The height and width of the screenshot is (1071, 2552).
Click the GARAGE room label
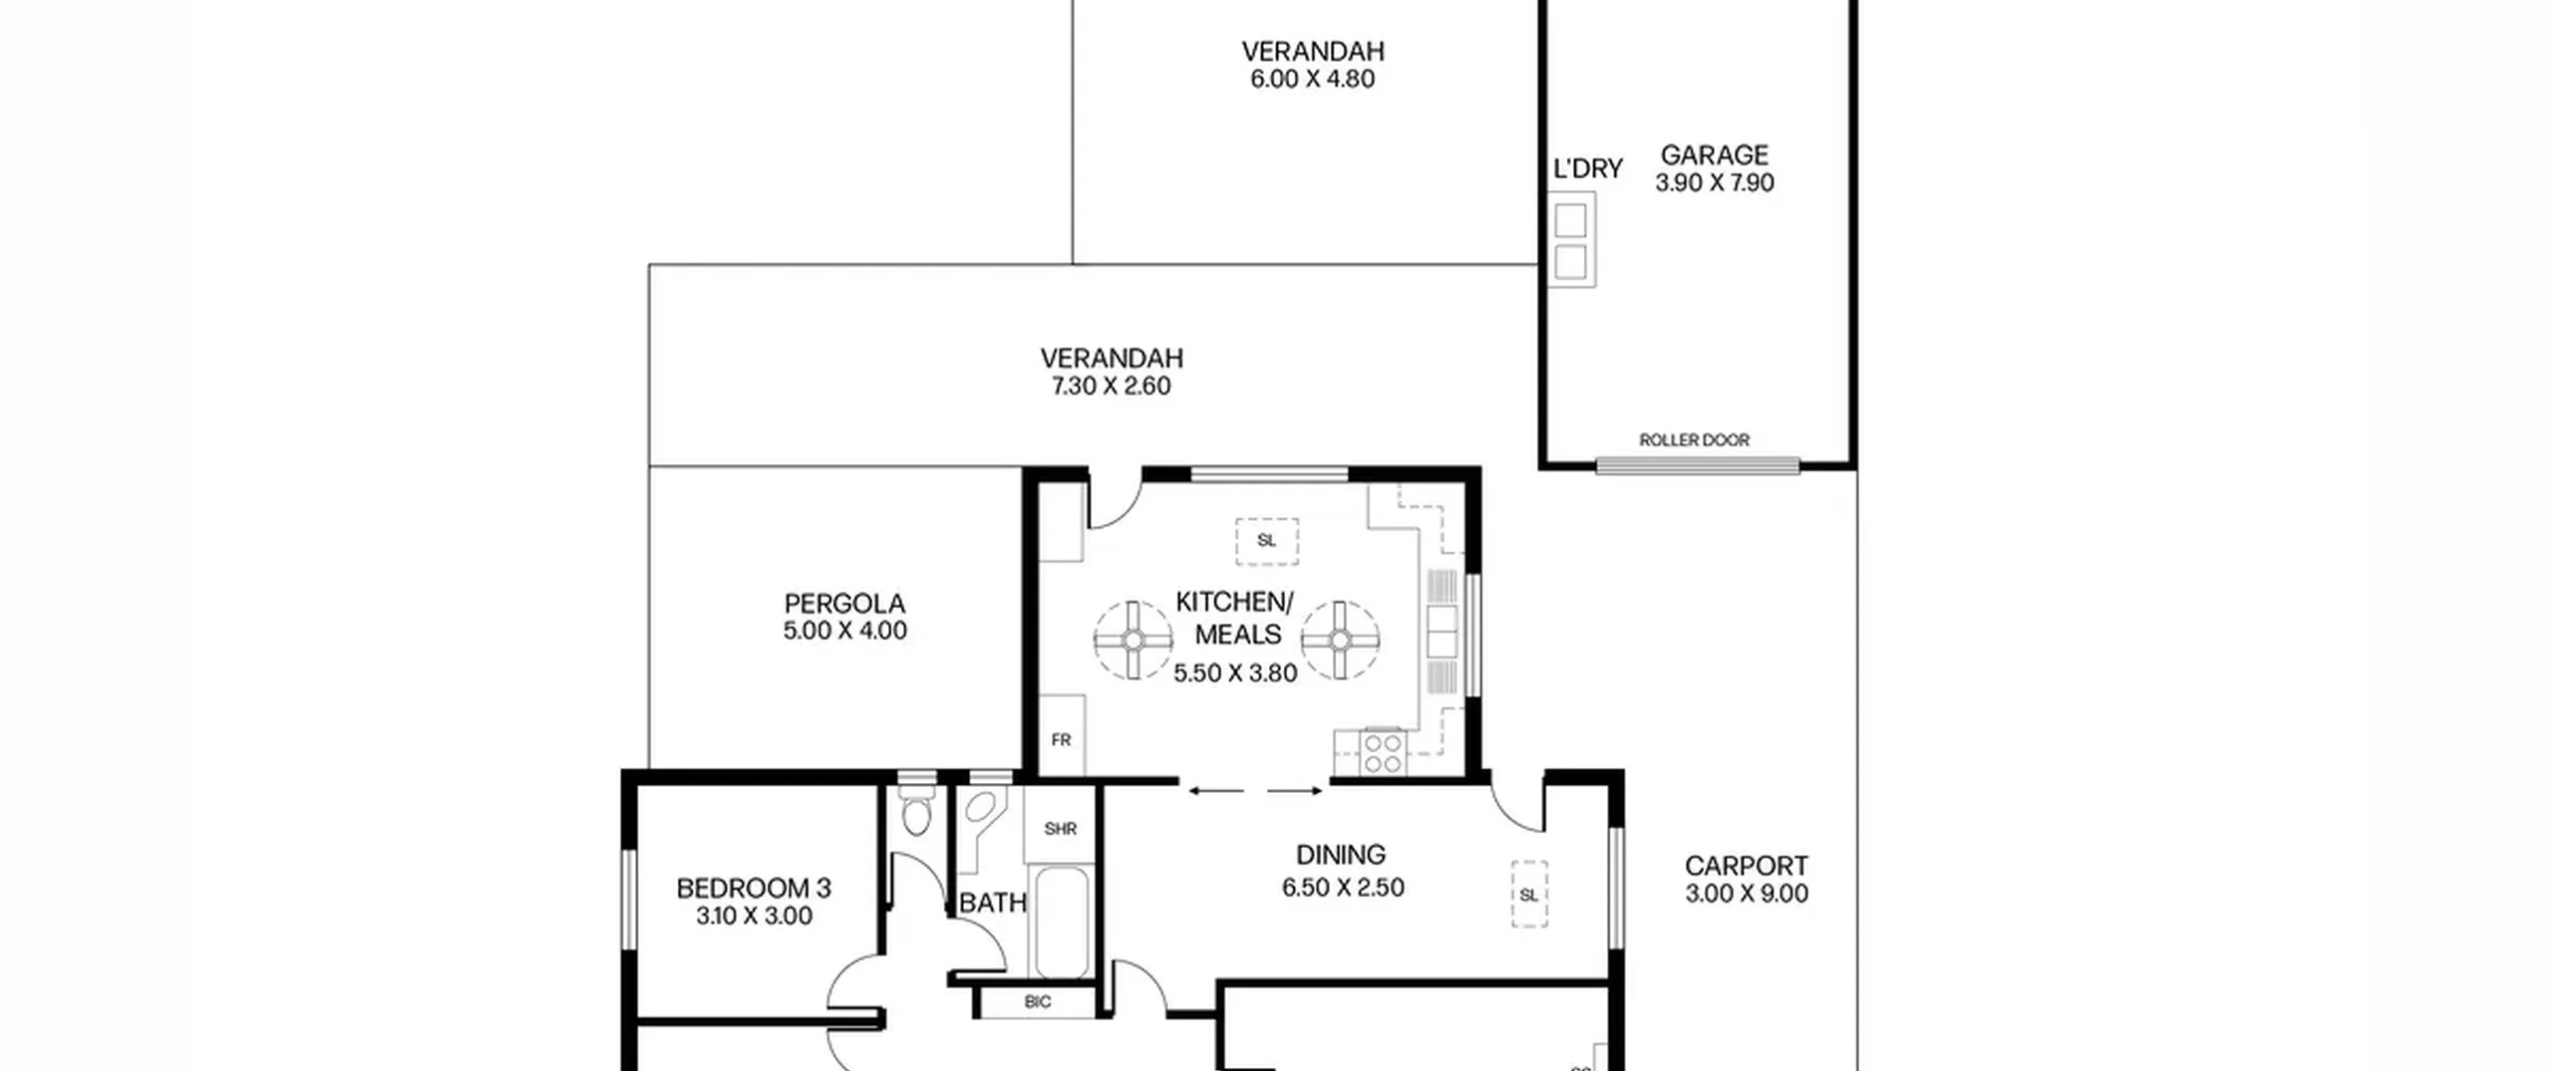[1714, 155]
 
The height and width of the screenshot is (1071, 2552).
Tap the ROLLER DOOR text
[1694, 440]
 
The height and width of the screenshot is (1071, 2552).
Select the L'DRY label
[1588, 169]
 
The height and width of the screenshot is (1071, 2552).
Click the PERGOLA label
[844, 604]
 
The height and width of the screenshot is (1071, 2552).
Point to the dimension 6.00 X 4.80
[1313, 79]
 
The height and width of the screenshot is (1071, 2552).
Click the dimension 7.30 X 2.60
[1112, 386]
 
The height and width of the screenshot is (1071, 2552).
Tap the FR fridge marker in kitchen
[1061, 740]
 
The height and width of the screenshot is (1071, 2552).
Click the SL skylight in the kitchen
[1267, 541]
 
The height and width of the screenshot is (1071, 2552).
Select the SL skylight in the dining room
[1529, 895]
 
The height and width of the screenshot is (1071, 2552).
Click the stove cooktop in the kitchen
[1384, 753]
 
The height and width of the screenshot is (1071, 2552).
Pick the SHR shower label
[1060, 829]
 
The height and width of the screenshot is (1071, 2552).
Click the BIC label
[1038, 1002]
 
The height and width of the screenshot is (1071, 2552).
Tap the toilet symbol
[916, 810]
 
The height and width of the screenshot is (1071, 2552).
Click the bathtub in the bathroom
[1061, 924]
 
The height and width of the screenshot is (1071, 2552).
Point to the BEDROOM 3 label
[754, 888]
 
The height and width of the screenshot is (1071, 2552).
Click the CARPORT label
[1747, 866]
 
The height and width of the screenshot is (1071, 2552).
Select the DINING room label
[1341, 855]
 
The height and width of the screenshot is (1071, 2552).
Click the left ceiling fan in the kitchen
[1133, 640]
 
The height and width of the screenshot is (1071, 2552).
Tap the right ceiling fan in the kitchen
[1341, 640]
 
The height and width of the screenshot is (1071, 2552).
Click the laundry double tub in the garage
[1571, 240]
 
